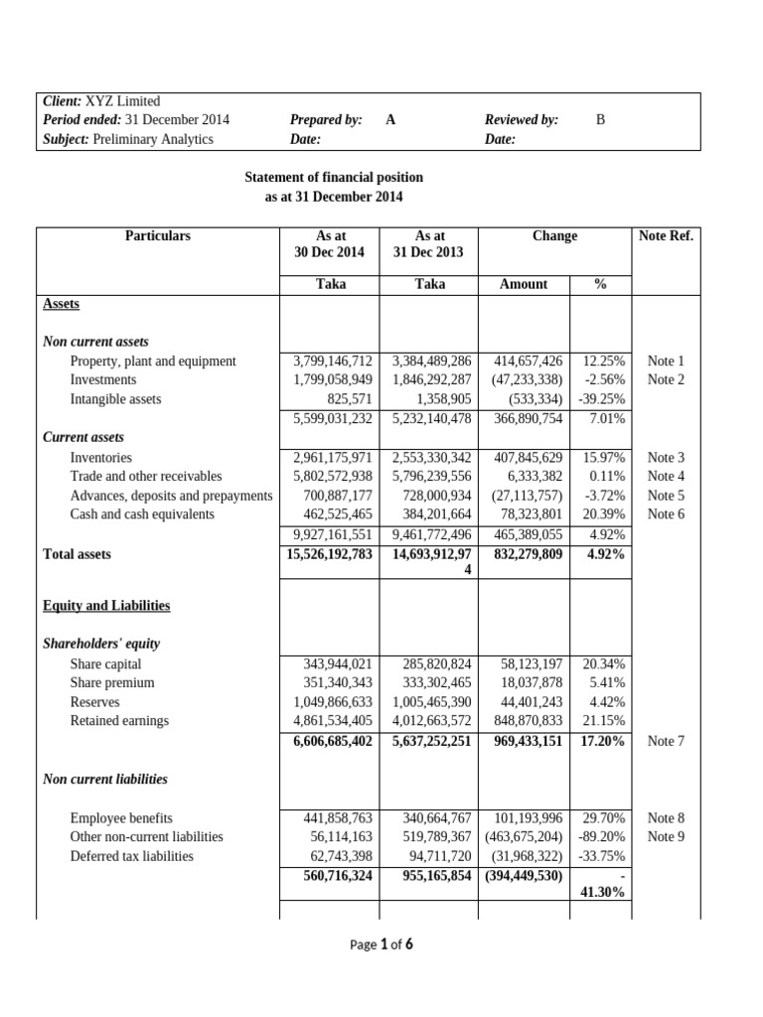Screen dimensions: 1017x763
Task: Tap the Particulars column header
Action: tap(157, 236)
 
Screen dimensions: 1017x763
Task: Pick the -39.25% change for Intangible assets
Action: tap(600, 399)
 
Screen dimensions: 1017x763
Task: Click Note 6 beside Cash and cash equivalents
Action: tap(666, 514)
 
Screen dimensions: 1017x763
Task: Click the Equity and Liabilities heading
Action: tap(106, 606)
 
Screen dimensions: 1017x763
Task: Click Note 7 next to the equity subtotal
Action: tap(666, 741)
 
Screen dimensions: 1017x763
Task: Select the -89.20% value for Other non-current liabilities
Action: tap(600, 837)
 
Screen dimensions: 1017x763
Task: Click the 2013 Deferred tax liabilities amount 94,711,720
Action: tap(432, 856)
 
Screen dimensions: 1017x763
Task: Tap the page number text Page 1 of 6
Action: tap(381, 945)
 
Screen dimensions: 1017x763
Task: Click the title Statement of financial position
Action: tap(334, 178)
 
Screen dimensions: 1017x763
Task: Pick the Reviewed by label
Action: tap(522, 120)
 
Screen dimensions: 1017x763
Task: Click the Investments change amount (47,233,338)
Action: tap(527, 380)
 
